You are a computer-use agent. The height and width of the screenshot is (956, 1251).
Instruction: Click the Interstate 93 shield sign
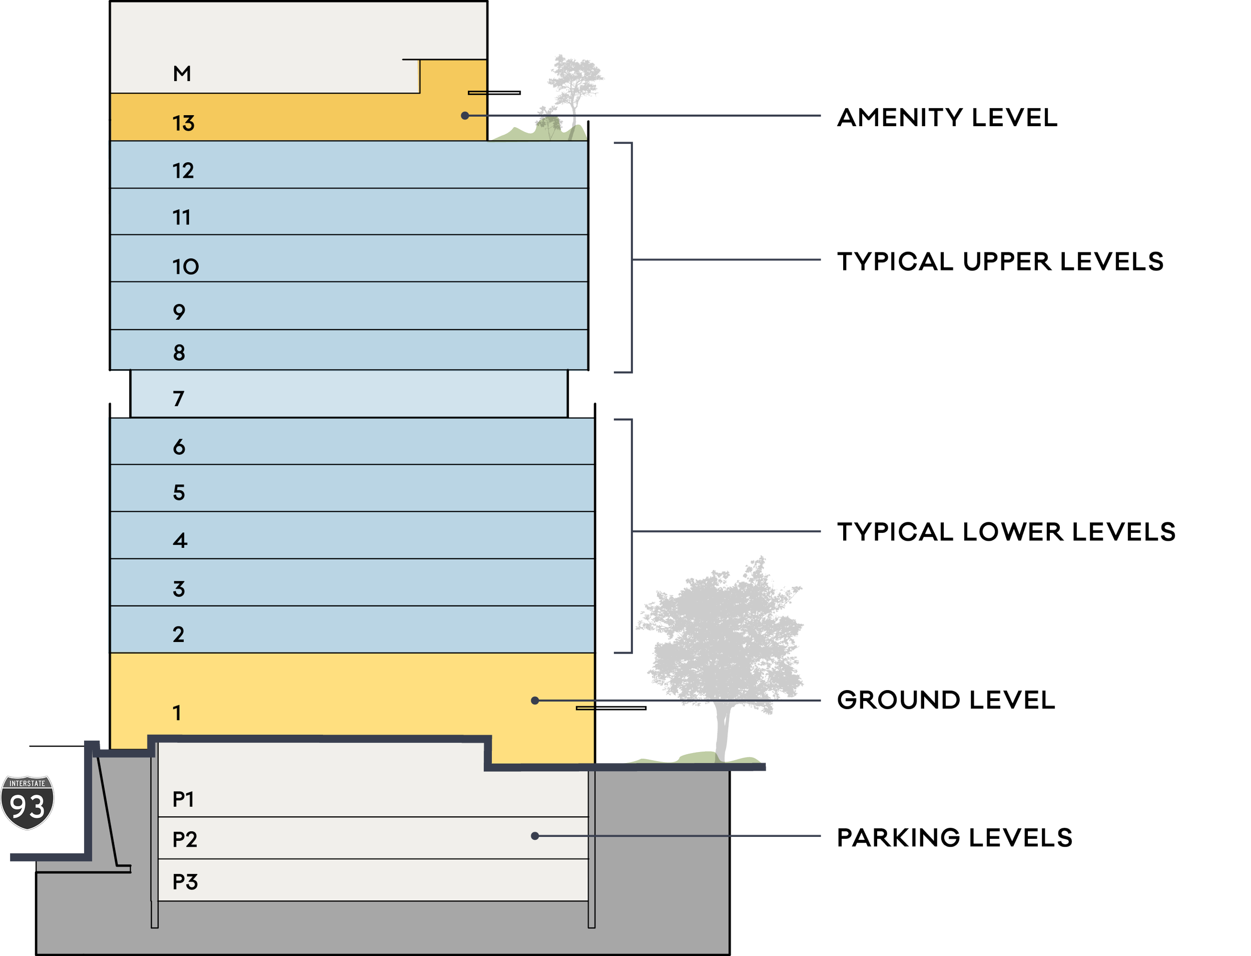coord(28,802)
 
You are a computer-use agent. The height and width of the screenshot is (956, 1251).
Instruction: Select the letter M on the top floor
coord(182,74)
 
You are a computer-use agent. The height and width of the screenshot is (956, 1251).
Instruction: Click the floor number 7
coord(179,399)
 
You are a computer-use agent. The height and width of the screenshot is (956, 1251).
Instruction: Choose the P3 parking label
coord(185,882)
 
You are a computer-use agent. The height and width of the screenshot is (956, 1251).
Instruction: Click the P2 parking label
coord(185,839)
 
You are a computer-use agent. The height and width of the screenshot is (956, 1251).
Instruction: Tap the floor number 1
coord(177,713)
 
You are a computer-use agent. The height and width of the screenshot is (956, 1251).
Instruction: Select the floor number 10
coord(185,266)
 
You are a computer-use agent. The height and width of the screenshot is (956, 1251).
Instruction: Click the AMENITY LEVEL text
coord(947,118)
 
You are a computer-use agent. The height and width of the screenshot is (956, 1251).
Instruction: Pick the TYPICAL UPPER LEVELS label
coord(1000,262)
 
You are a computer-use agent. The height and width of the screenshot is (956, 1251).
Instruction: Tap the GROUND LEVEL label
coord(946,700)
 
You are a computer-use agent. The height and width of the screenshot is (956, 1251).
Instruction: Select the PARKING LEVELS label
coord(955,838)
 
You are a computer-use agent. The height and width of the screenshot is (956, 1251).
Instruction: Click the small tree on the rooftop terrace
coord(571,85)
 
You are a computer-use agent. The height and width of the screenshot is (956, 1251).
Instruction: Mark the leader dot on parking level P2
coord(535,836)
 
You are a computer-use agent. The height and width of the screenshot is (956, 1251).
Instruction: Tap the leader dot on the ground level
coord(535,701)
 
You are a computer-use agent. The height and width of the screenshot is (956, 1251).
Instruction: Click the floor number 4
coord(180,540)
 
